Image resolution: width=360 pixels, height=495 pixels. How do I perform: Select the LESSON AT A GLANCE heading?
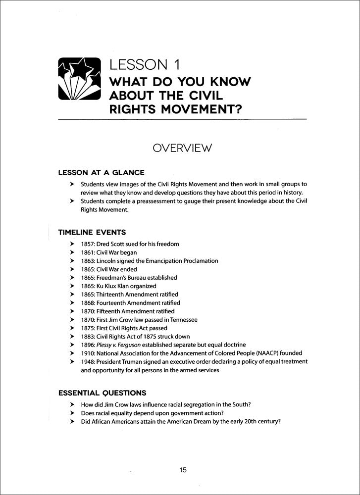point(101,173)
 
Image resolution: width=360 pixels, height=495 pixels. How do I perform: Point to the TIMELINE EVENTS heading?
point(92,232)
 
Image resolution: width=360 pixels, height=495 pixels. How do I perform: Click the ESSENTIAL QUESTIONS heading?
point(102,393)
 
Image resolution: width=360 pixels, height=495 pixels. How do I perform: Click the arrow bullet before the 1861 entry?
point(72,252)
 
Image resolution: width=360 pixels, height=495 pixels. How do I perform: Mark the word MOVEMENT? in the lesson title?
point(192,108)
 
